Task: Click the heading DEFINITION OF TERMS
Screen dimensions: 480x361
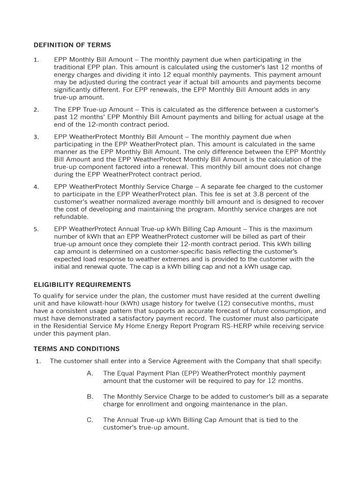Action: (72, 45)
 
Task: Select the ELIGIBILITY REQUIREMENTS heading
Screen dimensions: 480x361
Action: (82, 285)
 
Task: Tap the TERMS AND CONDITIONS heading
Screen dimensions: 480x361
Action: (76, 349)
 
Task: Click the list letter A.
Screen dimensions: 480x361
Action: (90, 373)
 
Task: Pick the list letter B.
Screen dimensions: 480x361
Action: (90, 397)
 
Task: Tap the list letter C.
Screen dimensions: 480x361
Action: (90, 420)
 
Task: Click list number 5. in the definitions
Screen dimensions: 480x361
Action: (36, 229)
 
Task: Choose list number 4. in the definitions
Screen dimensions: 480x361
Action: (36, 187)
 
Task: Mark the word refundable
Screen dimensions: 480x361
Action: (71, 217)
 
